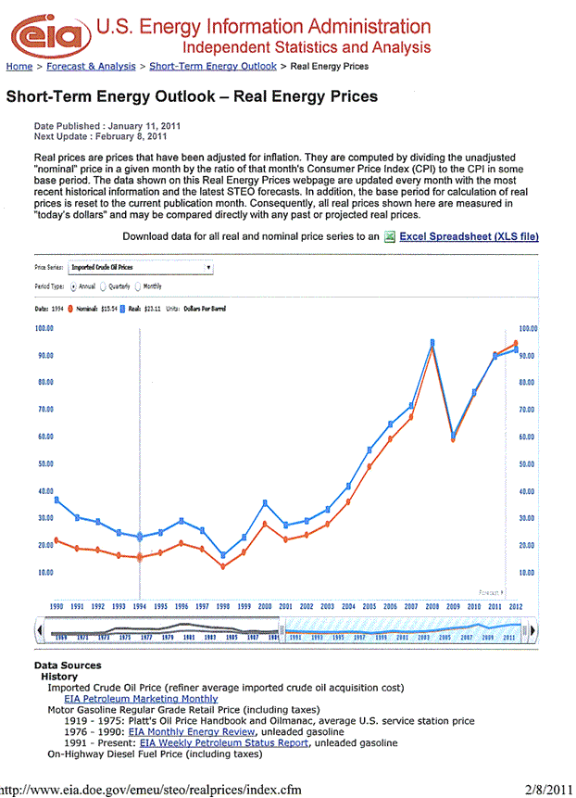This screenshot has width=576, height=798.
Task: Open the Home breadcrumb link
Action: coord(19,67)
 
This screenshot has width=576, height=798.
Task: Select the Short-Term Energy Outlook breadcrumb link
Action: coord(212,67)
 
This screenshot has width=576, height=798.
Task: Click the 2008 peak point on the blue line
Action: coord(432,343)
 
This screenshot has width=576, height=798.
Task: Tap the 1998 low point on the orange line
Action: coord(223,566)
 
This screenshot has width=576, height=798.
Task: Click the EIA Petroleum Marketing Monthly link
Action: coord(141,699)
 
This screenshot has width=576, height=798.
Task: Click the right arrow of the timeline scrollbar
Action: coord(535,631)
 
